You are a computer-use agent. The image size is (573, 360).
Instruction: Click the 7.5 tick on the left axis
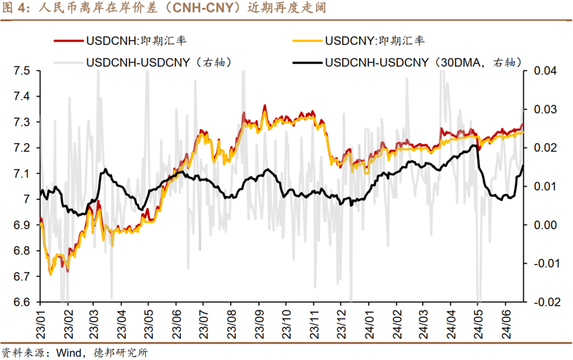click(24, 71)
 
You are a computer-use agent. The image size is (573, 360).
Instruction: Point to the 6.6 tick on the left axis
click(24, 302)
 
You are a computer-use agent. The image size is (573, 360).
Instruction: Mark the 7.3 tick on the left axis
click(24, 123)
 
